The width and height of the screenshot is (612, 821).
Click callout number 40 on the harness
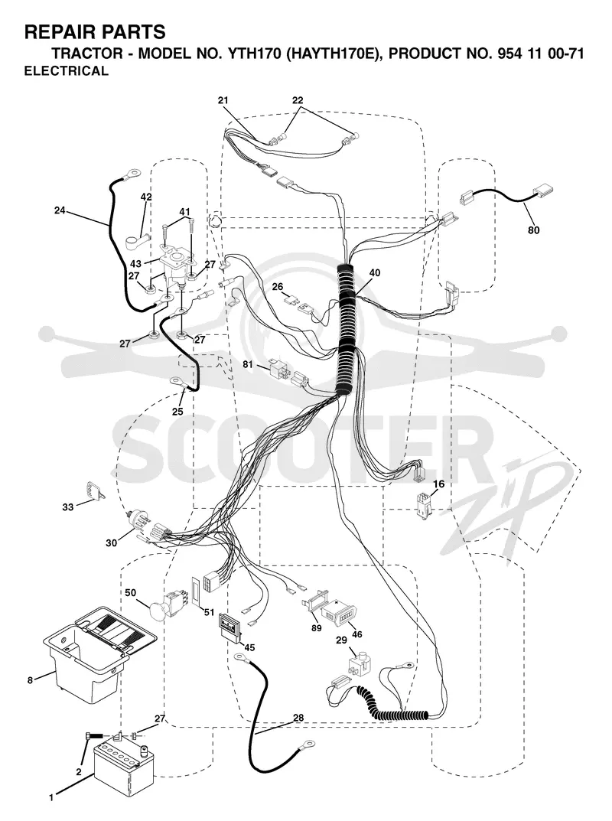[x=374, y=273]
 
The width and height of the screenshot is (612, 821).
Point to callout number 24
[x=60, y=210]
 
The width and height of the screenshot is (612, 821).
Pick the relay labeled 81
[x=279, y=369]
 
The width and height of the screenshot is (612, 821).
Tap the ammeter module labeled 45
[x=229, y=626]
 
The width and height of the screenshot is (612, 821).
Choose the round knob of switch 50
[x=158, y=610]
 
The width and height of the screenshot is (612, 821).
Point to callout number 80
[x=533, y=230]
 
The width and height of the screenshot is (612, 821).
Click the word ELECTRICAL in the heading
[x=67, y=70]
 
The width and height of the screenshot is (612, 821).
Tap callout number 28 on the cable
[x=298, y=718]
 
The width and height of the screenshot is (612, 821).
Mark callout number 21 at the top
[x=223, y=100]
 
